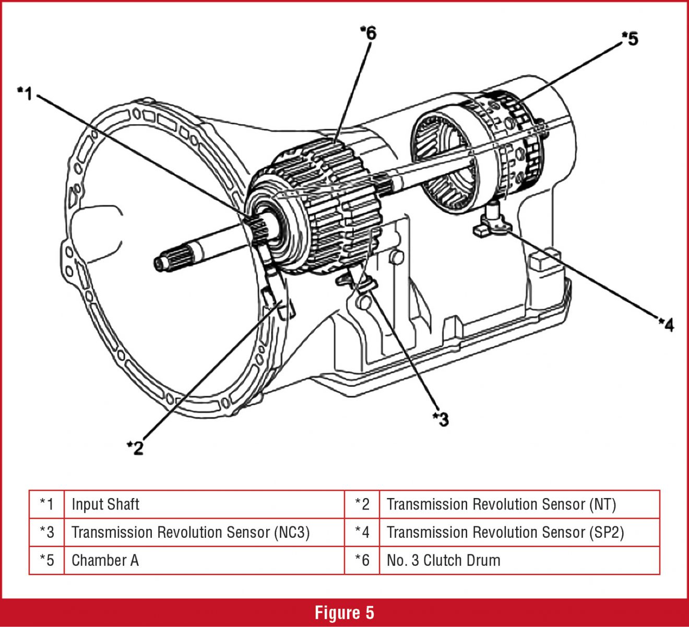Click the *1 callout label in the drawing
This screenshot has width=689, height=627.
click(x=25, y=94)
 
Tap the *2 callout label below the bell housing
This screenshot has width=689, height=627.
click(x=135, y=447)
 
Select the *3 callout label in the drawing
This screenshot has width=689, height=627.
click(x=441, y=419)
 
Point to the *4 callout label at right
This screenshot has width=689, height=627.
click(x=666, y=325)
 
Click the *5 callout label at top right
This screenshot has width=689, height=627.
click(x=629, y=39)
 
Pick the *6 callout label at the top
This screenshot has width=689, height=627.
click(x=368, y=33)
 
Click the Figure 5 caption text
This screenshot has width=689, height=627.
click(x=344, y=613)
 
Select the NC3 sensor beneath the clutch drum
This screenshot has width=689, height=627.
click(x=360, y=285)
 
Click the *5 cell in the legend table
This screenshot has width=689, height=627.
click(x=47, y=560)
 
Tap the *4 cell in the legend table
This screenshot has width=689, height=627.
click(x=362, y=533)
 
